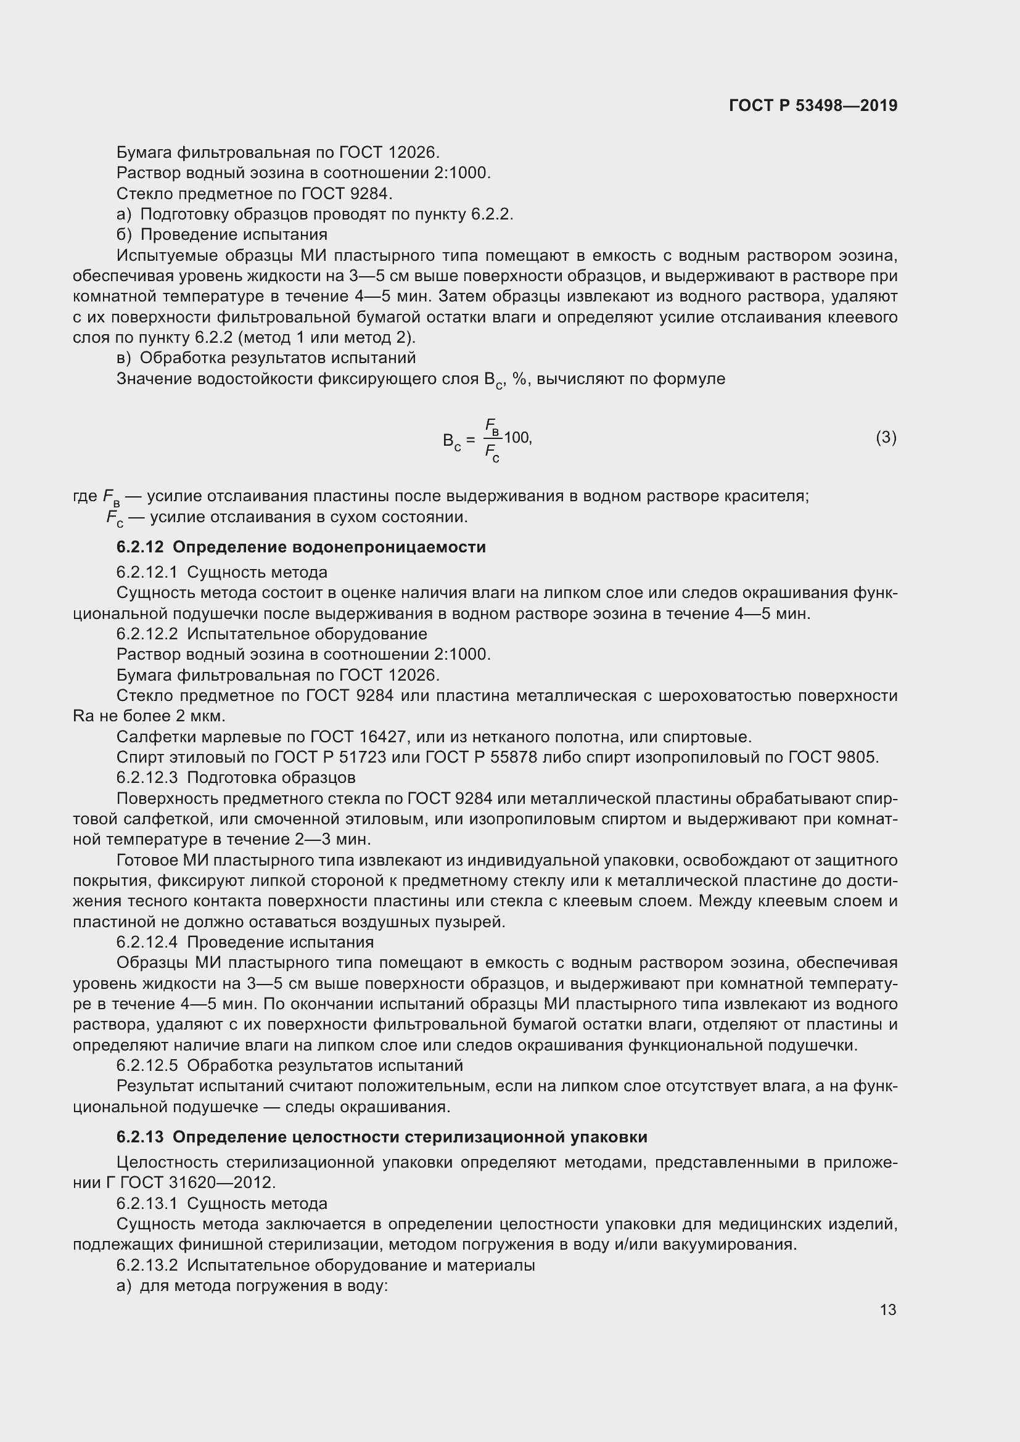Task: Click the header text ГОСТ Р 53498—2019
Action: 813,105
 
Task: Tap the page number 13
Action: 887,1309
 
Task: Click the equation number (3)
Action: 886,437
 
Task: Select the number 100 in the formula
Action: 517,437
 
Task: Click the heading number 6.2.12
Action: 139,547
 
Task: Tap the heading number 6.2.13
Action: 139,1137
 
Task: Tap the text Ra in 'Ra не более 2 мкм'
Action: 83,716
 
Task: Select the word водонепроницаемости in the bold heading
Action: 389,547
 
